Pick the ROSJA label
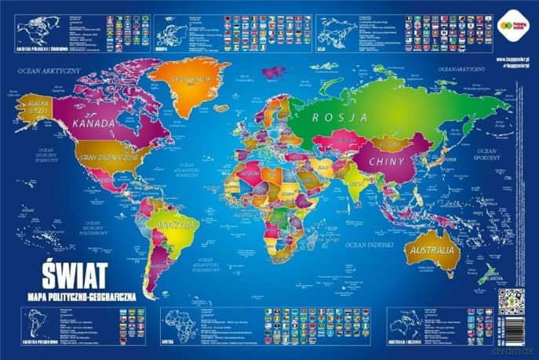(x=340, y=117)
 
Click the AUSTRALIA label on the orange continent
(x=431, y=250)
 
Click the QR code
(x=510, y=301)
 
